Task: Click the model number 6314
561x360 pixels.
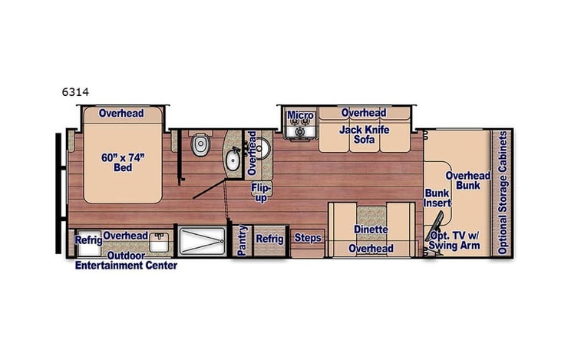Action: pos(75,91)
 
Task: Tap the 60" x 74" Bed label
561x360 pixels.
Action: pos(117,162)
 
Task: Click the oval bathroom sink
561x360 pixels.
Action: pos(233,160)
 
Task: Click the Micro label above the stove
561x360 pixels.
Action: pos(300,116)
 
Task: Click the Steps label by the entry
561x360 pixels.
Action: pos(308,239)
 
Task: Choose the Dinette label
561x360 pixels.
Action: pos(371,230)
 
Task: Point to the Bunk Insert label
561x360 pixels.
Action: pos(437,199)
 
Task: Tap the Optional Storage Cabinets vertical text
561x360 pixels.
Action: pos(503,192)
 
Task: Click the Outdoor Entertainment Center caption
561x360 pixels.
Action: pos(126,261)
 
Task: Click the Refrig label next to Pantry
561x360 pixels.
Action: pos(269,239)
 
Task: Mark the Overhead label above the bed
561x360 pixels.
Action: pos(121,114)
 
